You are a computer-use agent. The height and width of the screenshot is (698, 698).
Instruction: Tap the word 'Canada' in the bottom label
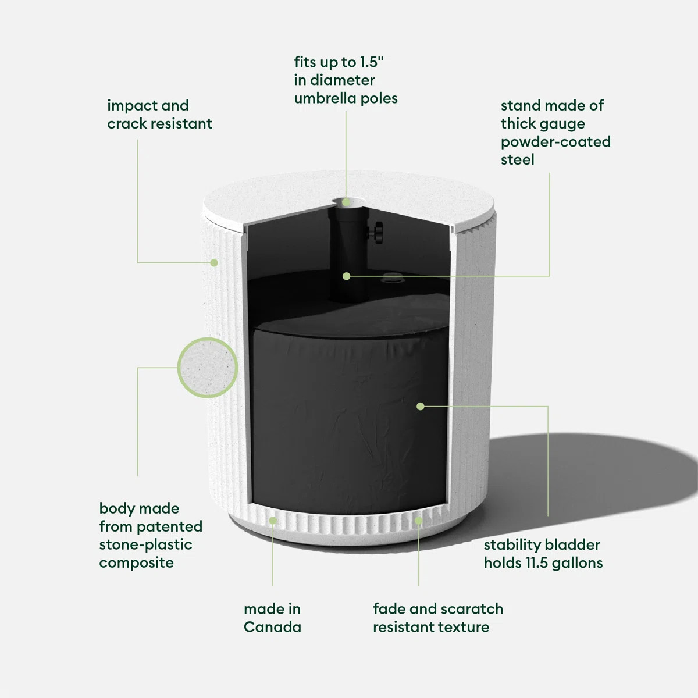tap(272, 627)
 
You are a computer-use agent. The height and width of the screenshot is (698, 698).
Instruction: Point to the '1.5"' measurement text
tap(372, 62)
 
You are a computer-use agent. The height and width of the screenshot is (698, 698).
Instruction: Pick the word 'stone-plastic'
tap(145, 545)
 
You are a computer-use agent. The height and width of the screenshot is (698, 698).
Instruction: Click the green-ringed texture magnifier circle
tap(208, 368)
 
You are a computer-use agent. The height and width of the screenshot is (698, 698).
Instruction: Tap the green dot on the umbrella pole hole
tap(346, 202)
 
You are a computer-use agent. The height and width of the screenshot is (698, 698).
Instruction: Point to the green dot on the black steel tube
tap(347, 276)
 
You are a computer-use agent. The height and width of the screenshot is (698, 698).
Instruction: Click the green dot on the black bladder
tap(421, 406)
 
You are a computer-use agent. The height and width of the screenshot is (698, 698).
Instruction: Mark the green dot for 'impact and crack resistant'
tap(214, 263)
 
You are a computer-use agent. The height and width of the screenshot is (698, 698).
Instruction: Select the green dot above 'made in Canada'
tap(273, 519)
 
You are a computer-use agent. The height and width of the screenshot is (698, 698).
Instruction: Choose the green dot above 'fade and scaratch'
tap(418, 519)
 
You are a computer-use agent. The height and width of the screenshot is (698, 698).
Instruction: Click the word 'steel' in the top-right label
tap(517, 160)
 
